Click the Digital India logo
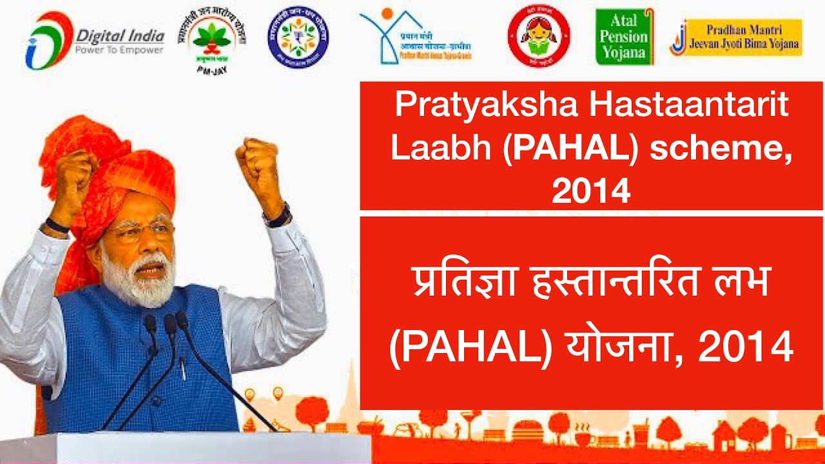[x=94, y=39]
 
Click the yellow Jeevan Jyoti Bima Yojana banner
[x=736, y=38]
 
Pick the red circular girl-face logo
[x=539, y=36]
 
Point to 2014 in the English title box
[x=590, y=190]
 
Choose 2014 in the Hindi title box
[x=745, y=349]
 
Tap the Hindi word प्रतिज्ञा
[x=457, y=284]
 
